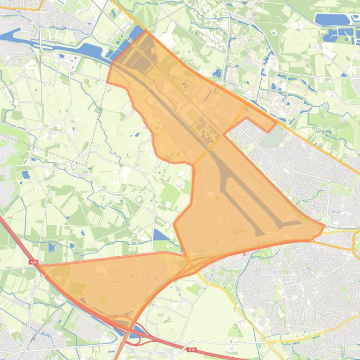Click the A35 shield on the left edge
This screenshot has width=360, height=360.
[x=33, y=263]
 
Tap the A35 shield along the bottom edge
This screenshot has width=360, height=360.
[x=191, y=350]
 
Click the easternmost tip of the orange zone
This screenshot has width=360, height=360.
[x=324, y=226]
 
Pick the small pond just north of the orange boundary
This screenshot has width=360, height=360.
[x=217, y=73]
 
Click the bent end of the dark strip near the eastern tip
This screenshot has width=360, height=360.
[x=293, y=223]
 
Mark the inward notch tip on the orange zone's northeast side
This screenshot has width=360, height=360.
[x=225, y=134]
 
